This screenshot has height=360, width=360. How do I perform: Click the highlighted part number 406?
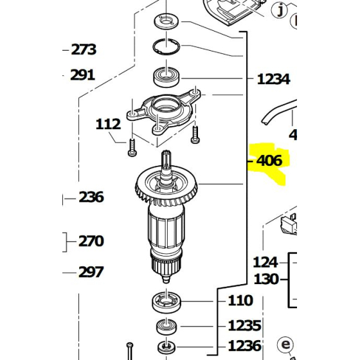coord(269,160)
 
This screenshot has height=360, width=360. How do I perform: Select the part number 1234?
coord(273,80)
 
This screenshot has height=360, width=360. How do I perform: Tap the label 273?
coord(84,49)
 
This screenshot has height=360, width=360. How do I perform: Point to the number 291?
coord(82,75)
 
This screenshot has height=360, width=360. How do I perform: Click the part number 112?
coord(108,123)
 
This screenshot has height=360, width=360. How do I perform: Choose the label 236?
coord(91,197)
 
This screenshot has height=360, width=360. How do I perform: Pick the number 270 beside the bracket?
coord(91,242)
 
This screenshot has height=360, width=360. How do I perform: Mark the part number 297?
coord(91,272)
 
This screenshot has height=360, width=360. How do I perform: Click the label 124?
coord(265,262)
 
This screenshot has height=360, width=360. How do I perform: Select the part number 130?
coord(265,279)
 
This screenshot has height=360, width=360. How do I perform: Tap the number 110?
coord(240,300)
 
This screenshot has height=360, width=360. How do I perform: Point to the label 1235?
coord(244,325)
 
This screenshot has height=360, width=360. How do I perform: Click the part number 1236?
coord(244,345)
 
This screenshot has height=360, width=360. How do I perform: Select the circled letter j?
coord(280,10)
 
